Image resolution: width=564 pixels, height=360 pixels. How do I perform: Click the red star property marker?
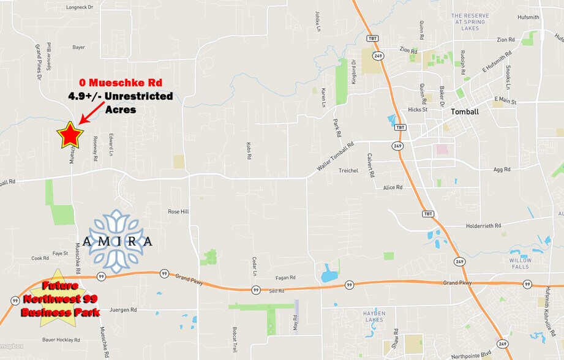pos(70,135)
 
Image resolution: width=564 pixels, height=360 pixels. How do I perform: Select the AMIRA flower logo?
pos(117,241)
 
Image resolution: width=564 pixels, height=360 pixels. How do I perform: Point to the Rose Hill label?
pos(178,211)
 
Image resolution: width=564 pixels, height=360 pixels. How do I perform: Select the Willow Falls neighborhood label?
pos(521,263)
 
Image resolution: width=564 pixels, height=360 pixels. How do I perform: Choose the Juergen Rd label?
pos(123,310)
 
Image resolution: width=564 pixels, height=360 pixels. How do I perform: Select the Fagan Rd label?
pos(285,277)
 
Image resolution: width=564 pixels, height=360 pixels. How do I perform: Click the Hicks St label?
pos(418,110)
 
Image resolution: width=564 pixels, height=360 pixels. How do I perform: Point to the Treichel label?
pos(348,170)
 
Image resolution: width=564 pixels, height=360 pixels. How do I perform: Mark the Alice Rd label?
pos(393,187)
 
